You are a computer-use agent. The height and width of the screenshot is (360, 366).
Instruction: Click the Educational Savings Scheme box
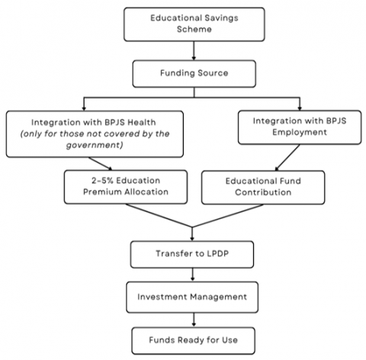pos(194,24)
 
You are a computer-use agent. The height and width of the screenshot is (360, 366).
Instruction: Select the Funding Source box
pos(194,74)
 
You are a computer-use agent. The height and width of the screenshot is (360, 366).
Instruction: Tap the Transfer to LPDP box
pos(192,255)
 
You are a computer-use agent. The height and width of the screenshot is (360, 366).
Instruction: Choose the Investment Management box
pos(192,297)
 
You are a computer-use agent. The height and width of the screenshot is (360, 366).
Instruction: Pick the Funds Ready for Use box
pos(194,341)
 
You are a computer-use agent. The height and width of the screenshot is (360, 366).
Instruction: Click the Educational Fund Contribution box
pos(263,188)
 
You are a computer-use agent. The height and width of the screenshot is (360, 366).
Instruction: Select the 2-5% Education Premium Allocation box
pos(126,187)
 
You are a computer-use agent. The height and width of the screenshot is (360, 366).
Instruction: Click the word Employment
pos(300,133)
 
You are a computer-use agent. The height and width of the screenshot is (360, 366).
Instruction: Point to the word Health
pos(142,122)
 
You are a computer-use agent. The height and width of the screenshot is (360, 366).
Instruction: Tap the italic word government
pos(95,145)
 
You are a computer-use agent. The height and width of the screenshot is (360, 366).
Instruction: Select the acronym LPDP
pos(217,253)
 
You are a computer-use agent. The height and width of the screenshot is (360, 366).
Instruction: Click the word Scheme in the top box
pos(194,29)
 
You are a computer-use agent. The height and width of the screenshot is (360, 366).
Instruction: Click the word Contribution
pos(263,192)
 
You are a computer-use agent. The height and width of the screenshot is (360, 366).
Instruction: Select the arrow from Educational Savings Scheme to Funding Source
pos(194,50)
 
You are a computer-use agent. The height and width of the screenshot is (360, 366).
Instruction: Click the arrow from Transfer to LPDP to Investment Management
pos(192,275)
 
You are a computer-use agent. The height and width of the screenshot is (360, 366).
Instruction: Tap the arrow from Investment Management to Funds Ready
pos(194,320)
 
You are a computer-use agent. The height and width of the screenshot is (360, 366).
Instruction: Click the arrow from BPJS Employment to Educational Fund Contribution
pos(287,158)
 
